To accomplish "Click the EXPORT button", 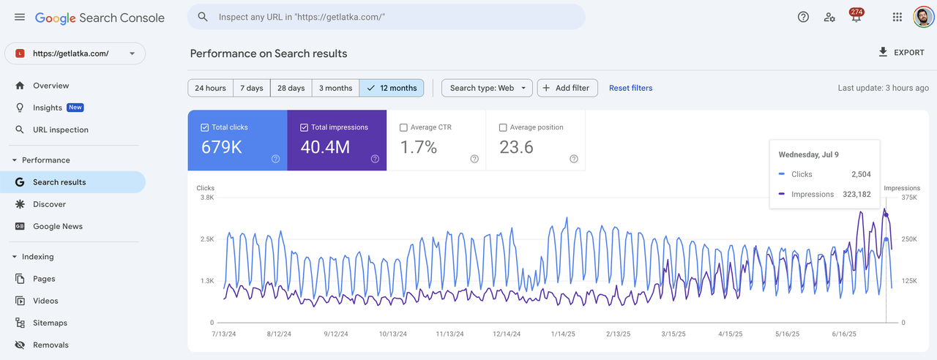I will (x=901, y=53).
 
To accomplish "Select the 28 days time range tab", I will (x=291, y=88).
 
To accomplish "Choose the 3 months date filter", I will (x=335, y=88).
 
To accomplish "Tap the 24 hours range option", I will (x=210, y=88).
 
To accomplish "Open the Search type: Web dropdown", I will (x=487, y=88).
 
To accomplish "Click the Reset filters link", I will (x=630, y=88).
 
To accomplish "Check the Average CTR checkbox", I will (x=403, y=127).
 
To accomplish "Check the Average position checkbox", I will (x=503, y=127).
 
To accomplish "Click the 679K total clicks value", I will (x=221, y=147).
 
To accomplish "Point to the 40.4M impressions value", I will (x=325, y=147).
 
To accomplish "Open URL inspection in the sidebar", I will (x=60, y=130).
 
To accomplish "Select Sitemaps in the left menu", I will (x=50, y=323).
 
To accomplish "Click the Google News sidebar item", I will (x=57, y=226).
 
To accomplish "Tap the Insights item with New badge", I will (x=48, y=108).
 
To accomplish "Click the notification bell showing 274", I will (x=855, y=18).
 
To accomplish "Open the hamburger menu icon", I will (x=20, y=17).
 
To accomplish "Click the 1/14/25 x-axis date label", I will (x=565, y=334).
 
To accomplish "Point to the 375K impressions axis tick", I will (x=909, y=197).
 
